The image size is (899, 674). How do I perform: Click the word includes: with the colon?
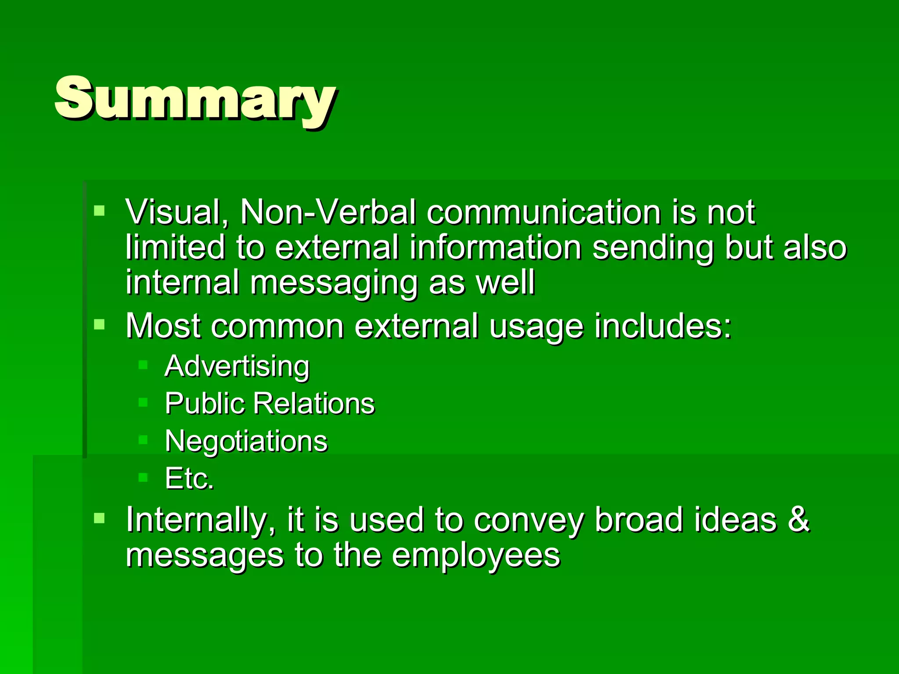tap(663, 326)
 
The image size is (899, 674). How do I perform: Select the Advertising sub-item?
tap(237, 366)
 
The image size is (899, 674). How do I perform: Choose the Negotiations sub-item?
tap(246, 441)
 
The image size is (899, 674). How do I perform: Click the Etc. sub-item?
tap(189, 478)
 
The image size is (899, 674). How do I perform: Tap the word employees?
tap(476, 556)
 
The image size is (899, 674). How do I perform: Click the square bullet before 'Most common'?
tap(100, 325)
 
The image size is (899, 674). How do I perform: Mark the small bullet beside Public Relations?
tap(143, 402)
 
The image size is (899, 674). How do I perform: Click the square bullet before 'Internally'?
tap(100, 518)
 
